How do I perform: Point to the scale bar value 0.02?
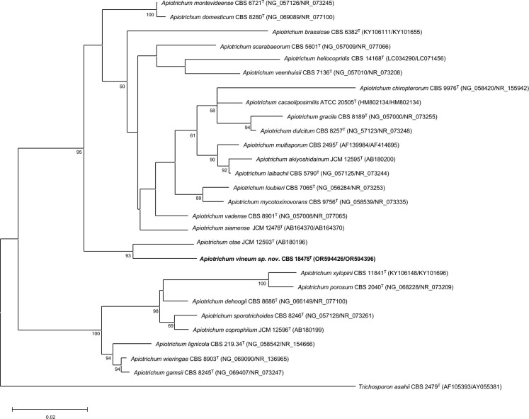pyautogui.click(x=49, y=417)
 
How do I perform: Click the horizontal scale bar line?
pyautogui.click(x=49, y=409)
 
